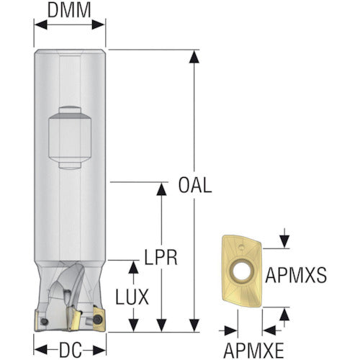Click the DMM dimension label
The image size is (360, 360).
tap(69, 11)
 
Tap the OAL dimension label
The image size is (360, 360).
tap(195, 185)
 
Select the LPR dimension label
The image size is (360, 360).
tap(161, 257)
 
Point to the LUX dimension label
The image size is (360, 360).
tap(132, 297)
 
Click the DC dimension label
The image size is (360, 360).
tap(71, 350)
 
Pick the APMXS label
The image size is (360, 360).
tap(296, 275)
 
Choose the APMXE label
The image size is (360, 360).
tap(253, 350)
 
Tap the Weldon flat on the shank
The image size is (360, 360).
tap(70, 138)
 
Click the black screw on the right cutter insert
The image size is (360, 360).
tap(97, 319)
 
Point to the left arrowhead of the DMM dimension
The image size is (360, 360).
tap(40, 24)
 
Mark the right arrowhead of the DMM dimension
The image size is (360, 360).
tap(99, 24)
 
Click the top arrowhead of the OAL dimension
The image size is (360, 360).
tap(194, 57)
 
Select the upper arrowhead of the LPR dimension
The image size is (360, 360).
tap(161, 189)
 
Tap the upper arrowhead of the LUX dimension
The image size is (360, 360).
tap(133, 267)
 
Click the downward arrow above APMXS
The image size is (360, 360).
tap(284, 238)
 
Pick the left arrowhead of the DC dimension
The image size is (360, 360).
tap(40, 351)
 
